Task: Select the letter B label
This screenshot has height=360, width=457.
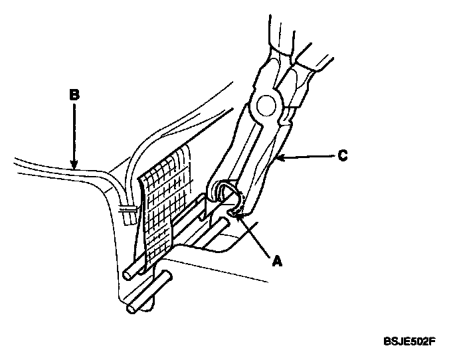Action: pyautogui.click(x=74, y=95)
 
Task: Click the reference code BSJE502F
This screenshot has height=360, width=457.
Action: pyautogui.click(x=410, y=341)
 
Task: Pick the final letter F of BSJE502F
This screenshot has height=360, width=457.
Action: pyautogui.click(x=432, y=341)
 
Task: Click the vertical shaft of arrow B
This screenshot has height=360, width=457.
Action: pyautogui.click(x=74, y=133)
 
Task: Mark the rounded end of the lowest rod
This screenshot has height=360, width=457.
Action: pyautogui.click(x=130, y=308)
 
